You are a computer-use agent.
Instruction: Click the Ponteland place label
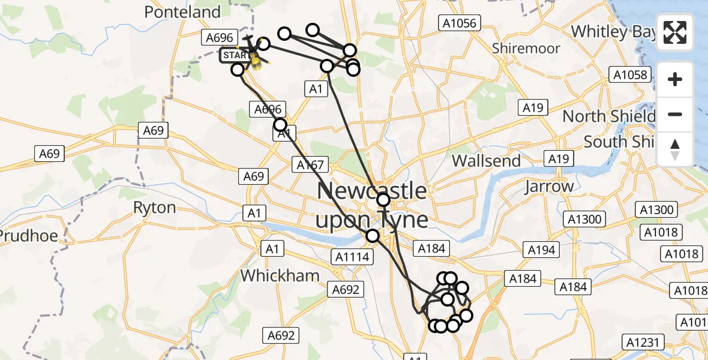click(182, 12)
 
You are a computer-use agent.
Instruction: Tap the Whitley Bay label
click(612, 31)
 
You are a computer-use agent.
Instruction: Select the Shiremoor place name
click(526, 48)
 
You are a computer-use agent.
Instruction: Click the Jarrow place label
click(549, 187)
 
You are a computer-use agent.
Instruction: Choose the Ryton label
click(155, 208)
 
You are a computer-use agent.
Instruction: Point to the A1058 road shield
click(628, 74)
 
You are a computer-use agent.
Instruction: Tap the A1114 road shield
click(352, 257)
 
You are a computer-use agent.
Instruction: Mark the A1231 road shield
click(644, 343)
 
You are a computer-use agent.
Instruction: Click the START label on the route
click(235, 56)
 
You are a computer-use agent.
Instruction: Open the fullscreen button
click(676, 32)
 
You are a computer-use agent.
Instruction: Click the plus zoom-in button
click(676, 79)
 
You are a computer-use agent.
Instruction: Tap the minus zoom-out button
click(676, 114)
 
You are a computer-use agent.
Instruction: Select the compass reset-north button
click(676, 149)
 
